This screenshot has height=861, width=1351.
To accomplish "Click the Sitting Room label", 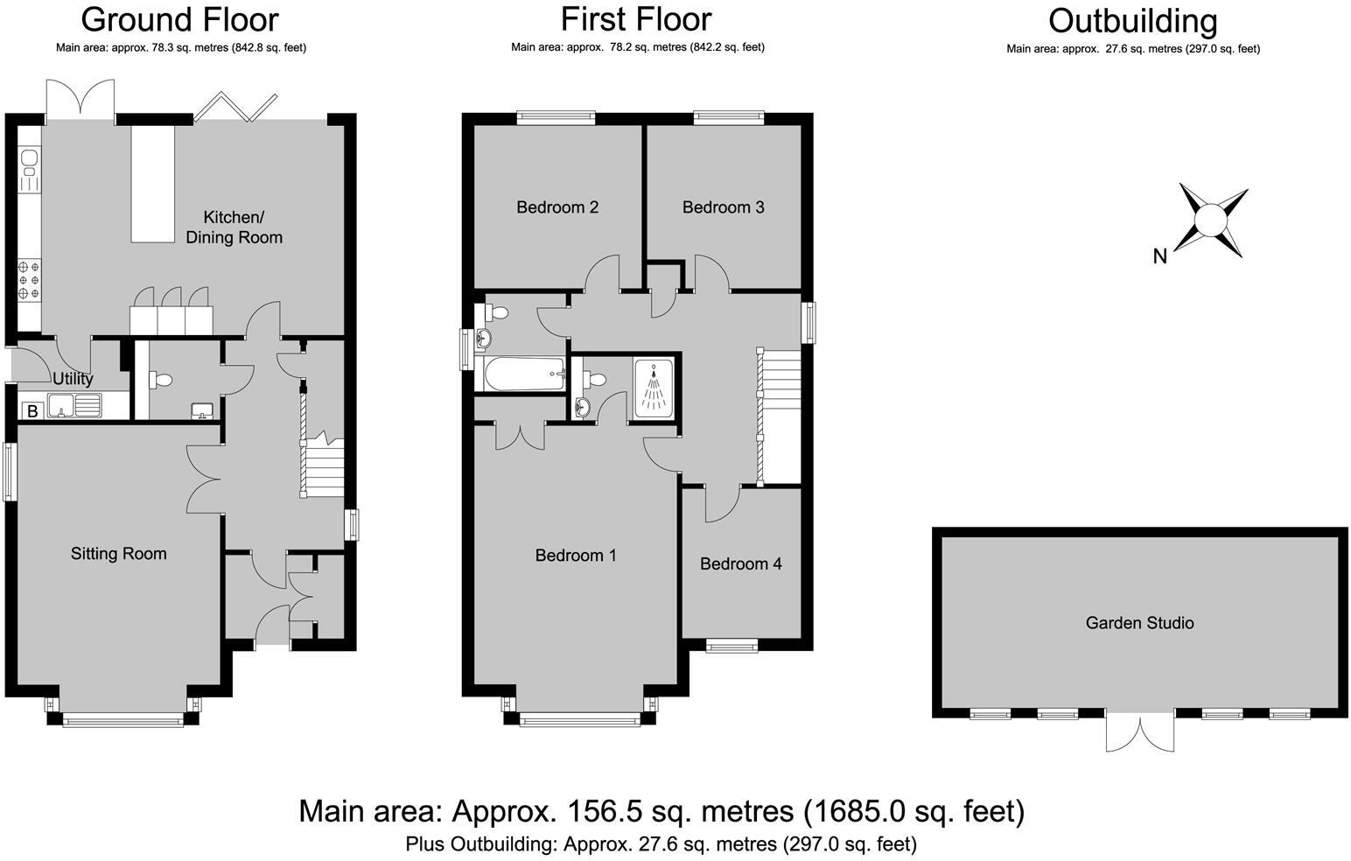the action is coord(118,553).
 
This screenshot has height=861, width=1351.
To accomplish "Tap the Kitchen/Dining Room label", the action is coord(234,227).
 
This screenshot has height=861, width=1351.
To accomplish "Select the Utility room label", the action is coord(73,379).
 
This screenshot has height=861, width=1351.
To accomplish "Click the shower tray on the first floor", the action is coord(653,386).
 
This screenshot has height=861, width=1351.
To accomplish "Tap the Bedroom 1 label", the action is coord(576,555).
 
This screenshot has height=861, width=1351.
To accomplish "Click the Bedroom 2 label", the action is coord(557,207).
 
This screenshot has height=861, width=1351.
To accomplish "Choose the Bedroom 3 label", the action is coord(723,207).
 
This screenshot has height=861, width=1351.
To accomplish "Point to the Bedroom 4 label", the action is coord(740,563).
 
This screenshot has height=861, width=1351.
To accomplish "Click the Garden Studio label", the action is coord(1139,623).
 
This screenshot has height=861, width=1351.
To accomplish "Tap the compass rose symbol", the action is coord(1212,220).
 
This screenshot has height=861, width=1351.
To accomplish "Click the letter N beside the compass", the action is coord(1160,256).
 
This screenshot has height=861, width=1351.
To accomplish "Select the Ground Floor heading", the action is coord(180,19).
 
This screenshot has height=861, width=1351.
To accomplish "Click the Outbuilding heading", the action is coord(1132,21).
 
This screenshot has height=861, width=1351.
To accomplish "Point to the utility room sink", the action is coord(75,406).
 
